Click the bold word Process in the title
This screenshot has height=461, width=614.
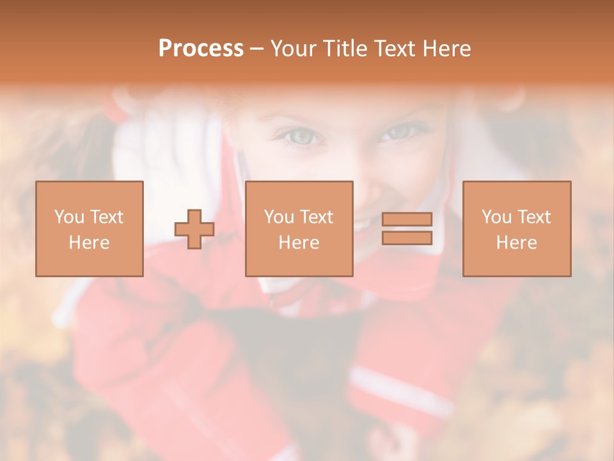201,49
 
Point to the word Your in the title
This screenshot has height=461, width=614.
293,49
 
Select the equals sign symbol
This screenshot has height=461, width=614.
407,229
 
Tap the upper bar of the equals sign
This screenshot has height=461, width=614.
407,220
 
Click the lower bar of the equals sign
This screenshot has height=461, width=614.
407,238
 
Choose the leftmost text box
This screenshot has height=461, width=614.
90,229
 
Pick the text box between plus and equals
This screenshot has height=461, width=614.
299,229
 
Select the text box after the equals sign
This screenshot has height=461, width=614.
517,229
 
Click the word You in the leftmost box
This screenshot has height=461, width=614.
68,217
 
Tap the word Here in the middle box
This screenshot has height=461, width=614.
299,243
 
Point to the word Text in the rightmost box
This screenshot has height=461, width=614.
534,217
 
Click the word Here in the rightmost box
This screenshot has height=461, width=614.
517,243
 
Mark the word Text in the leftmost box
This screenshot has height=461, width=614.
106,217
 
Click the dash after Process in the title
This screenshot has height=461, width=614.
257,49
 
